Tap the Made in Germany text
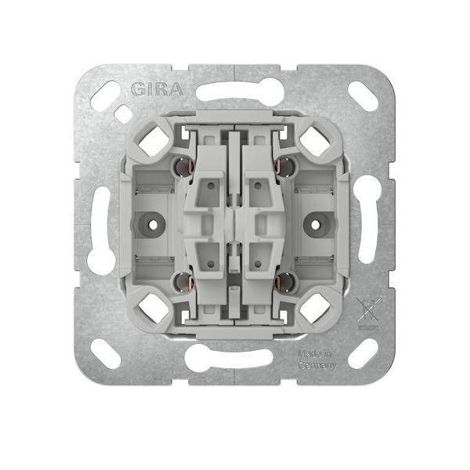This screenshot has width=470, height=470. pyautogui.click(x=317, y=360)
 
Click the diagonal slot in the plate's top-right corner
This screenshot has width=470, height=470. pyautogui.click(x=361, y=99)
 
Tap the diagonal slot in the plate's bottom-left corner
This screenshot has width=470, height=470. pyautogui.click(x=106, y=352)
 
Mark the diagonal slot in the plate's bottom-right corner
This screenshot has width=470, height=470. pyautogui.click(x=362, y=352)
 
